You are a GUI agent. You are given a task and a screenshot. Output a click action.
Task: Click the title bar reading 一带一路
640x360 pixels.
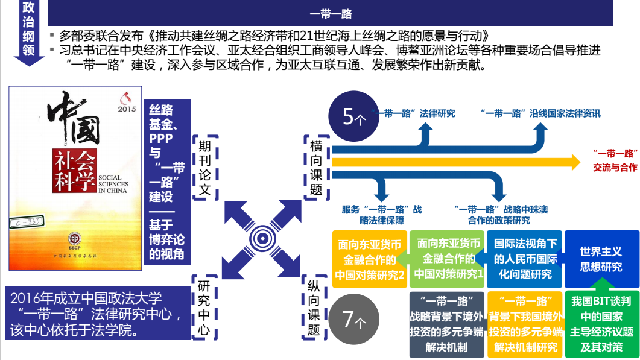331,13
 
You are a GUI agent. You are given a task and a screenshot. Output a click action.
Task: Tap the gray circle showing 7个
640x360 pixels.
355,320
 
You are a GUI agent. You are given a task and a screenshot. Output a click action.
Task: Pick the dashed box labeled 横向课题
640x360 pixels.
315,168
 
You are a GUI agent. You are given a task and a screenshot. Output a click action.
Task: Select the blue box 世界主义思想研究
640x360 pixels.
601,259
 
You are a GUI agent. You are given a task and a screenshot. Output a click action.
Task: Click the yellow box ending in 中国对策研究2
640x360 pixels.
370,259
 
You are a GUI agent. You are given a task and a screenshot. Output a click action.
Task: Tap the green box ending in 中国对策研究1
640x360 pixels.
447,259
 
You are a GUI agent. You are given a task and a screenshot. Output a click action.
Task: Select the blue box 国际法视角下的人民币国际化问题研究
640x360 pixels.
524,259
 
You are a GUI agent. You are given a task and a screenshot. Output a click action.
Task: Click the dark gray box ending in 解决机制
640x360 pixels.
447,324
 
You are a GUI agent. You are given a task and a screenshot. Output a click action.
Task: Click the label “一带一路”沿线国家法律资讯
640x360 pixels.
540,113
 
